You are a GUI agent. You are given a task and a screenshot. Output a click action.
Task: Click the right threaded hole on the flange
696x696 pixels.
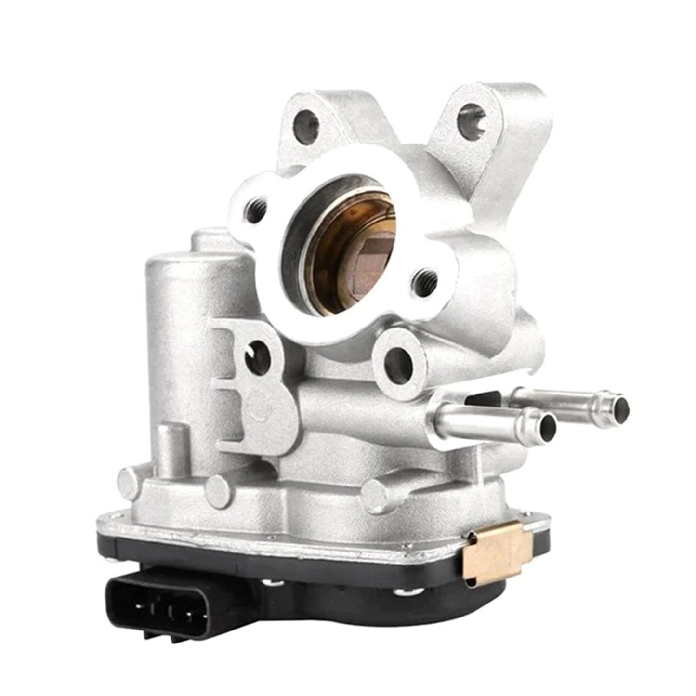click(x=424, y=278)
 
